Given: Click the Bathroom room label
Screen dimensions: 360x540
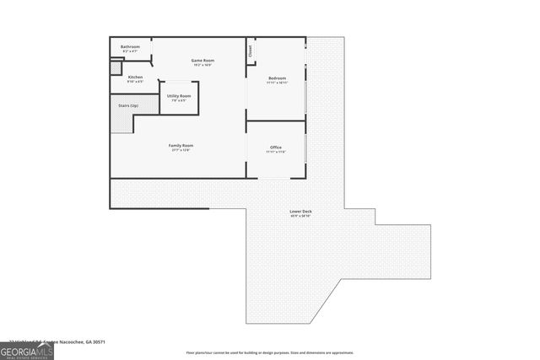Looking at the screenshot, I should click(x=130, y=46).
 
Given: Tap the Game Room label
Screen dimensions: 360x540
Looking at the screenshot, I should click(x=202, y=61).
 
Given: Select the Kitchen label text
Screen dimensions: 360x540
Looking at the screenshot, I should click(x=135, y=77).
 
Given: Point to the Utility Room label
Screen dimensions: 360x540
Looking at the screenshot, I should click(x=179, y=96).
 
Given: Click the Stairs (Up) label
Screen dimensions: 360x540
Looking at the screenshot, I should click(x=127, y=105).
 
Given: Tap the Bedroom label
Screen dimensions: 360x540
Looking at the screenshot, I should click(x=277, y=78).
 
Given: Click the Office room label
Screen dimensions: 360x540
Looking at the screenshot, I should click(x=276, y=147).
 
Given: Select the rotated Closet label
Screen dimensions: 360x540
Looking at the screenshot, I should click(x=251, y=50).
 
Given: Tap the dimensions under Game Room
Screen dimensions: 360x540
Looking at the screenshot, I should click(x=202, y=66).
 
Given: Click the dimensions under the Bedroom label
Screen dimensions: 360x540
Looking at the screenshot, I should click(x=277, y=83).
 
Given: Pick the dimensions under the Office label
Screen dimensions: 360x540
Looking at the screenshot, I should click(x=276, y=152).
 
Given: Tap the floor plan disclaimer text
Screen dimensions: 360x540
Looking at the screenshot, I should click(x=270, y=352).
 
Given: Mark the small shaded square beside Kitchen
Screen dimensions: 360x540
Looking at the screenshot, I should click(x=115, y=78).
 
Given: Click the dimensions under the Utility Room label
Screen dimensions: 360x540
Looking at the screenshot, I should click(x=179, y=101).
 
